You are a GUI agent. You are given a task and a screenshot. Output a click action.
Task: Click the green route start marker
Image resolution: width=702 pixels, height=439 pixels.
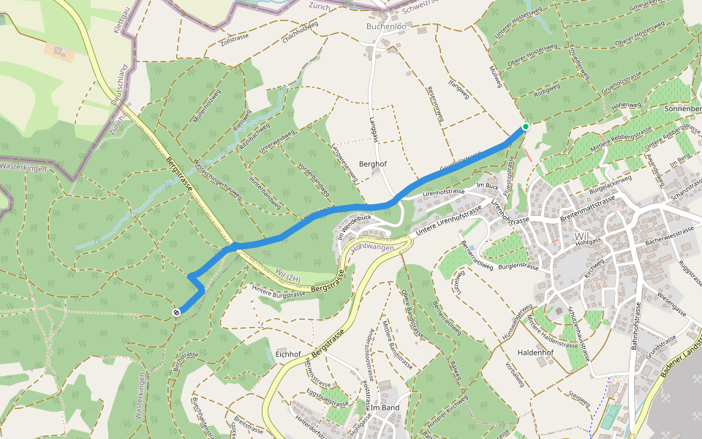point(525,127)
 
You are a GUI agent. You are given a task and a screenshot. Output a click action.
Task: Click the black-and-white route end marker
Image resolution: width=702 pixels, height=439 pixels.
point(176,312)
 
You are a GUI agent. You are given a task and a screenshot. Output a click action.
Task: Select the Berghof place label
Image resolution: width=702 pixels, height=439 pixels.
point(373,164)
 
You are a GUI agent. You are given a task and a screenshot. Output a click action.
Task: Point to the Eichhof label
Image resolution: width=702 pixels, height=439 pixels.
point(289,354)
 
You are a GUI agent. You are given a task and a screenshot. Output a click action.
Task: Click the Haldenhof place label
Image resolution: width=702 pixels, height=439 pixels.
point(537,352)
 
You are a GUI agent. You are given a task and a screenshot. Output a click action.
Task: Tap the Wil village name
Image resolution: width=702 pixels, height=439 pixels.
point(582,236)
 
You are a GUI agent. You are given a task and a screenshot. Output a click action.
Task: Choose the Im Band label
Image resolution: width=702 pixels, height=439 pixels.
point(385,407)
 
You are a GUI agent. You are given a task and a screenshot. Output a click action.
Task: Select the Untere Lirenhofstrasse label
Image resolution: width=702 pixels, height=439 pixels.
point(448,222)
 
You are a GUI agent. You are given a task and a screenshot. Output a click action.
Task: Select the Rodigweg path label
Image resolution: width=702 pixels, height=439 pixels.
point(547,90)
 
